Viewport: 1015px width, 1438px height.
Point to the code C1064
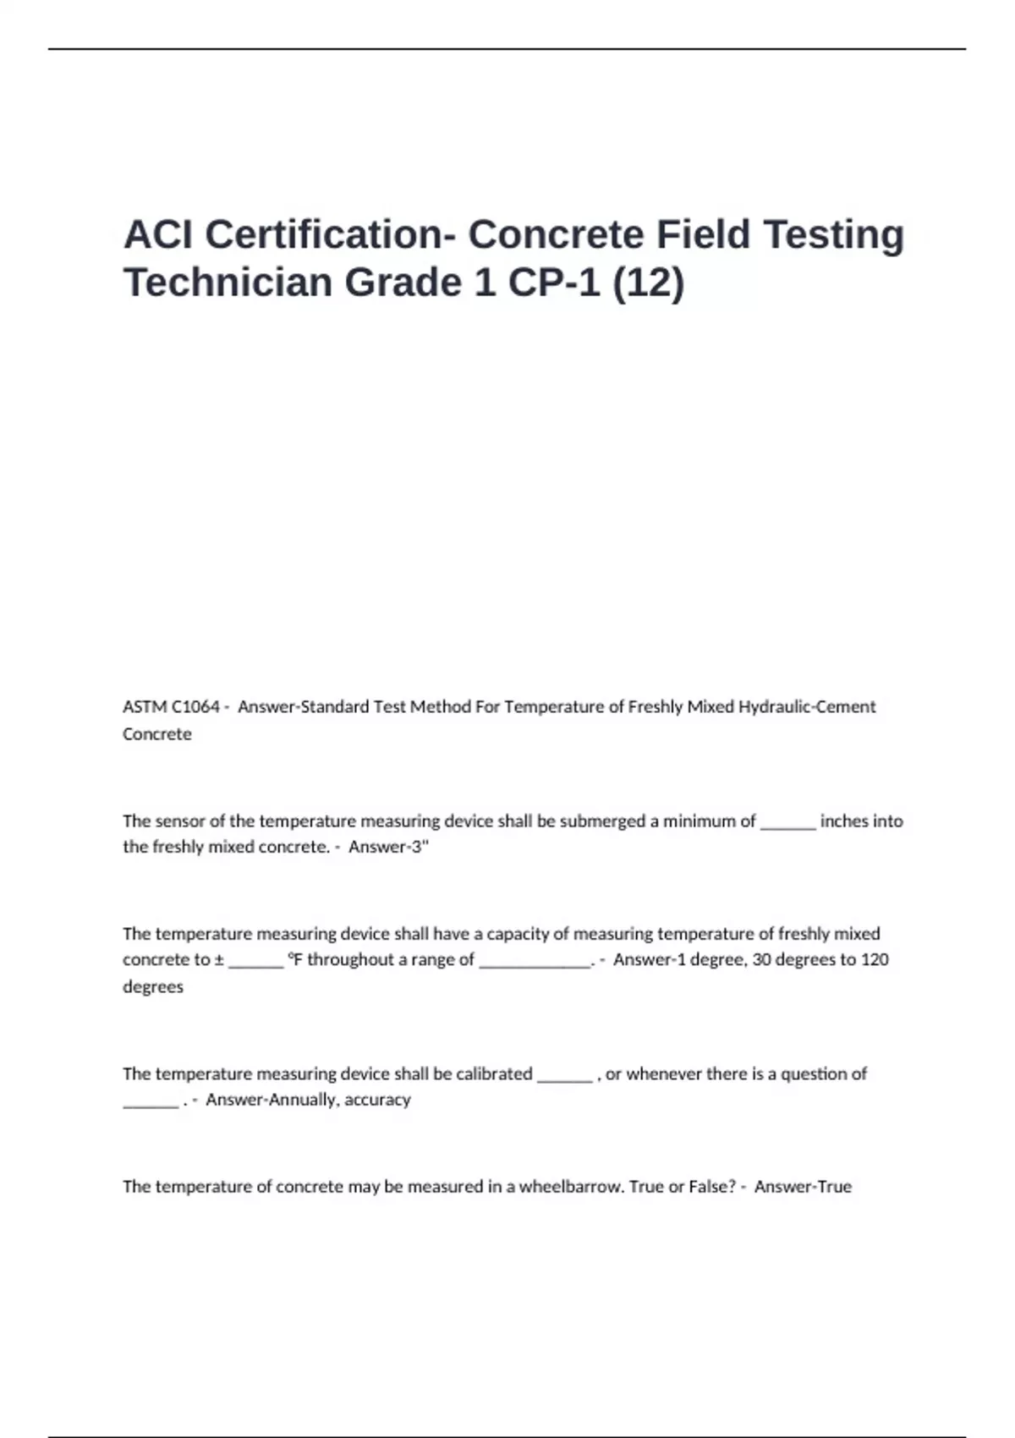tap(195, 707)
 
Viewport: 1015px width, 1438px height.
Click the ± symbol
tap(219, 960)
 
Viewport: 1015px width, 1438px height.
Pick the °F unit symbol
tap(294, 960)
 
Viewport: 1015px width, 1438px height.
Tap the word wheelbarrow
tap(572, 1187)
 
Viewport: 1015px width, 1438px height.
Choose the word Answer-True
tap(803, 1187)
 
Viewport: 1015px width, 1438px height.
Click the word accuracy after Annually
tap(377, 1100)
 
